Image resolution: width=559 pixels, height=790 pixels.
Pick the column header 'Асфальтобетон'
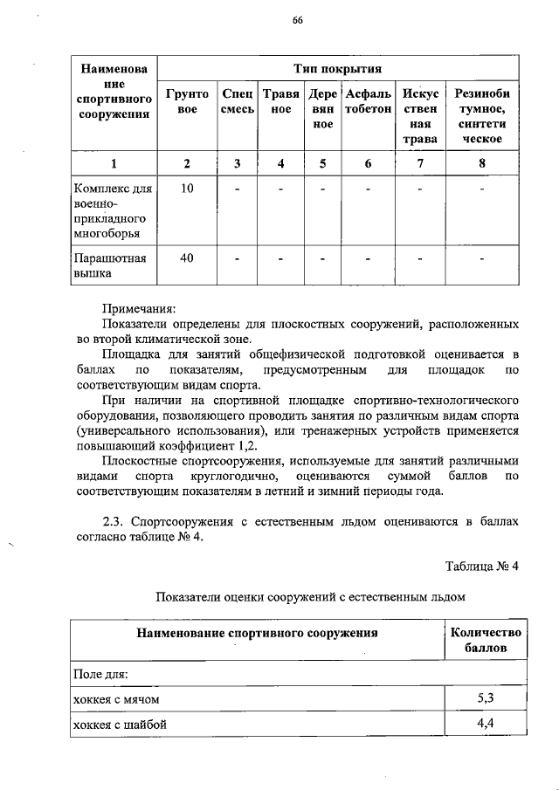[x=367, y=101]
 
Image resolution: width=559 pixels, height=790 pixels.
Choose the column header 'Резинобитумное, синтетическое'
[x=482, y=115]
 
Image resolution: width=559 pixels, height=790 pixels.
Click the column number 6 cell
[x=367, y=162]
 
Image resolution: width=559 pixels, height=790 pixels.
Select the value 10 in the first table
[x=187, y=188]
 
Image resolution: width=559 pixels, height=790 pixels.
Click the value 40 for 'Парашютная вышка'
[x=187, y=258]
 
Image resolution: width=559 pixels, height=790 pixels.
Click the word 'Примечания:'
[x=139, y=308]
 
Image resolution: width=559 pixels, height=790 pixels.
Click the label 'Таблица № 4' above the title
[x=482, y=565]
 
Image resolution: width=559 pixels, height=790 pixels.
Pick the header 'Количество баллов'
[x=486, y=641]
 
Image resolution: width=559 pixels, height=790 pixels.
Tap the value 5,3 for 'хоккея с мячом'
[x=486, y=698]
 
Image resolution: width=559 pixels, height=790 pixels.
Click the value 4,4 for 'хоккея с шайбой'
[x=486, y=723]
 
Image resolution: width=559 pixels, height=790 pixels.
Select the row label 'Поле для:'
[x=100, y=674]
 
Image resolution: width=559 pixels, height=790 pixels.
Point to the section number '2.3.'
[x=115, y=521]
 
